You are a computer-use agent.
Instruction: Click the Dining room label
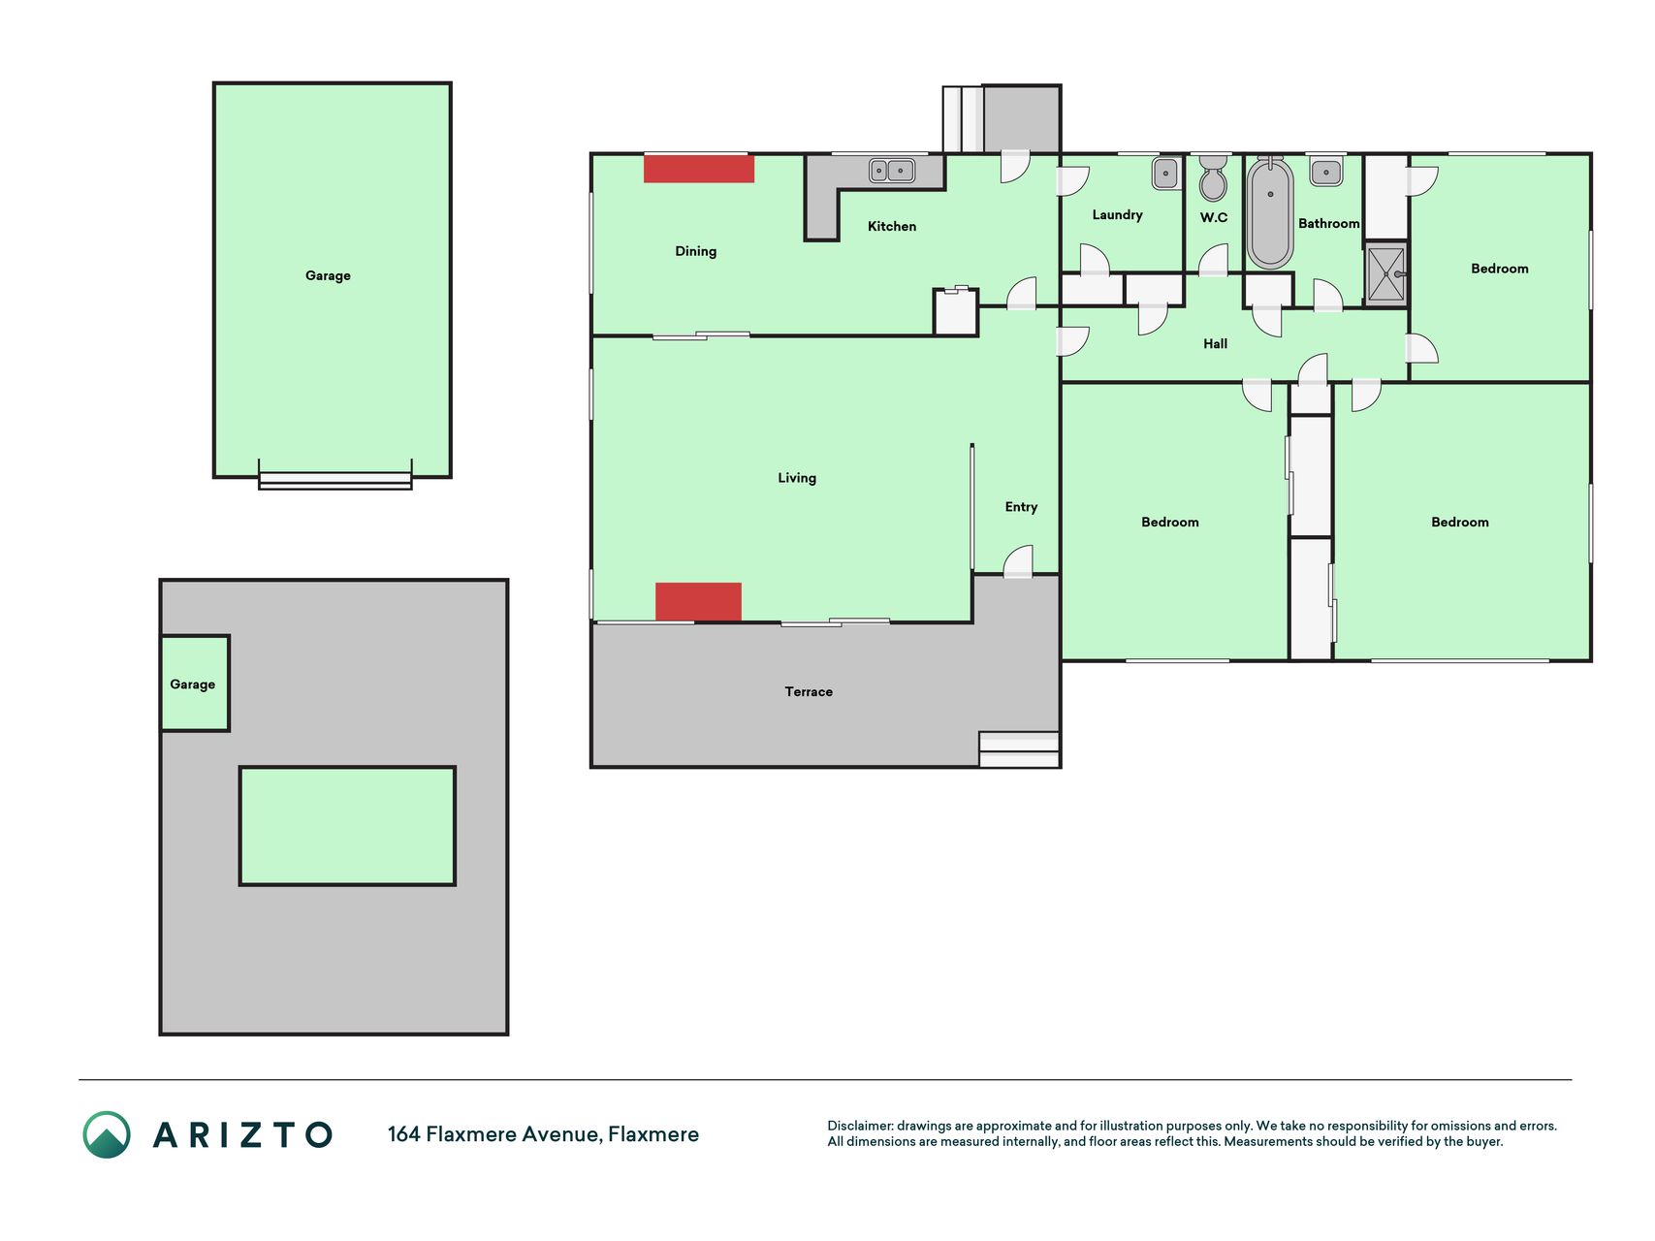click(x=695, y=251)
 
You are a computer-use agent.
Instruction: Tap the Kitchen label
click(x=891, y=226)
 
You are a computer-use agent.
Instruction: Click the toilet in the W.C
click(x=1213, y=176)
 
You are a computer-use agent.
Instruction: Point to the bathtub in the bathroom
click(x=1270, y=213)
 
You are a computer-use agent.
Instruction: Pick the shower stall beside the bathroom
click(x=1385, y=275)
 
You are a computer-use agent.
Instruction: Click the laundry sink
click(x=1164, y=173)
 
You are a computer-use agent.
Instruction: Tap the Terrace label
click(x=809, y=691)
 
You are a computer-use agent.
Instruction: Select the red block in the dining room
click(x=699, y=169)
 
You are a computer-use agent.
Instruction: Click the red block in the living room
click(x=698, y=601)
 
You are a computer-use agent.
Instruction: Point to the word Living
click(x=797, y=478)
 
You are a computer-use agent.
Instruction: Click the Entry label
click(x=1021, y=507)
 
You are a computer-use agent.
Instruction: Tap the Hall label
click(x=1215, y=343)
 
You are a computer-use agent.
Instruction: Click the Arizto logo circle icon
click(x=107, y=1134)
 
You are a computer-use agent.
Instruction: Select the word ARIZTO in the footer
click(x=242, y=1134)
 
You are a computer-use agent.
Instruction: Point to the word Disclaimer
click(x=860, y=1126)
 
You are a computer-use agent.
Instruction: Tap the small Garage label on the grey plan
click(x=192, y=684)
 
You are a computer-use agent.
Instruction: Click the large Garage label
click(x=328, y=275)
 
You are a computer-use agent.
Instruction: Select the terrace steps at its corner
click(x=1019, y=749)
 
